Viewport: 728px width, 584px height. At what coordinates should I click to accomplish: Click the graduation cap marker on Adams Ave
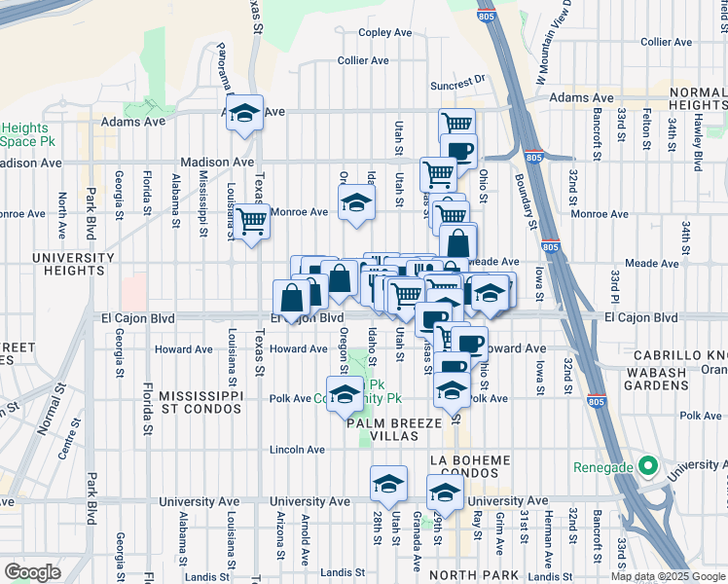point(244,112)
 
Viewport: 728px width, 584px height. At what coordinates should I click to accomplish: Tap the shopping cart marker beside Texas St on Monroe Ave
point(252,222)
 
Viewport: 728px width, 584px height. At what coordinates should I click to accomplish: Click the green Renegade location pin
point(643,467)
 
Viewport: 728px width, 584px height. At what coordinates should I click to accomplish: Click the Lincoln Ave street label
point(297,450)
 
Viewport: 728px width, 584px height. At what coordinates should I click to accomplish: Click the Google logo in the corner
point(32,572)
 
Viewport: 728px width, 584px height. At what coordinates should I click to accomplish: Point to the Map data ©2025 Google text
point(668,576)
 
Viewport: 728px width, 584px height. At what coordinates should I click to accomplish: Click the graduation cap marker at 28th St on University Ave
point(386,485)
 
